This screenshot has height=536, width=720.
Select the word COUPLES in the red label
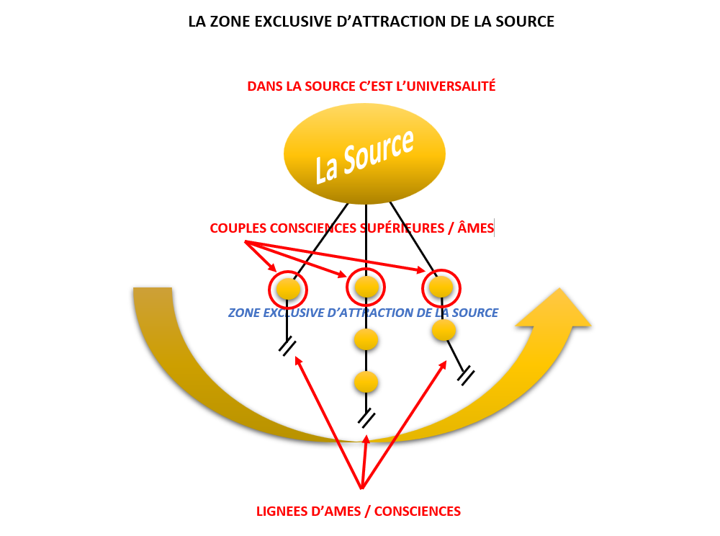point(236,228)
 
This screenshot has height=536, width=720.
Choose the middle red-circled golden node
point(366,287)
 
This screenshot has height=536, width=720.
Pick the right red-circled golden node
point(441,287)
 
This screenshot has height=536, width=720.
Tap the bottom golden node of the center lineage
point(366,382)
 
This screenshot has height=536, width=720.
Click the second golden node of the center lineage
point(366,339)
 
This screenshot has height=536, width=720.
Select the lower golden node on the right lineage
point(444,330)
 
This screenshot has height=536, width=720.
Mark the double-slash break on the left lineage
point(287,347)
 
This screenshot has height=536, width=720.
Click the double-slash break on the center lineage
point(366,418)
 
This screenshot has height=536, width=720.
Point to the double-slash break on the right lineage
point(466,375)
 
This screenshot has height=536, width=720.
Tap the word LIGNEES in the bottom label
point(283,512)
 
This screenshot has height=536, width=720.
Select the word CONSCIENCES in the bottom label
point(418,512)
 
